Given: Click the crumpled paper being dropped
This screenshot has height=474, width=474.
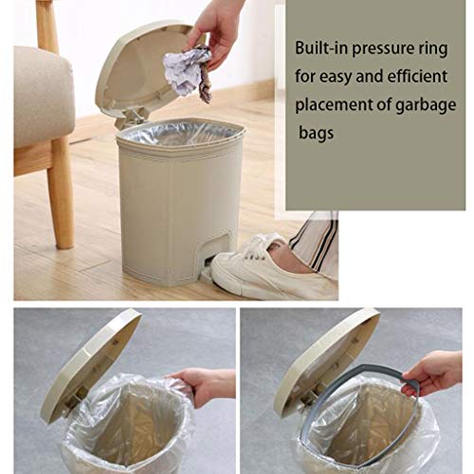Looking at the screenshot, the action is (187, 73).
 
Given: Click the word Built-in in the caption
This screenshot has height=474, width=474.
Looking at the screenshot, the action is (321, 48).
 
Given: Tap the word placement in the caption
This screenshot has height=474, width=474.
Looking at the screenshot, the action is (335, 105).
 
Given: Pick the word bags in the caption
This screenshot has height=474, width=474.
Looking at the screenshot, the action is (316, 134).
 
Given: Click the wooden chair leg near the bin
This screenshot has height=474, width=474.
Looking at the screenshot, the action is (61, 192).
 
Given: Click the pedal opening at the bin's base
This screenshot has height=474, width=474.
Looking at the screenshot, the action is (218, 249).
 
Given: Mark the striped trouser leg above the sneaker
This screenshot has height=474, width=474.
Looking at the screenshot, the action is (315, 244).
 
